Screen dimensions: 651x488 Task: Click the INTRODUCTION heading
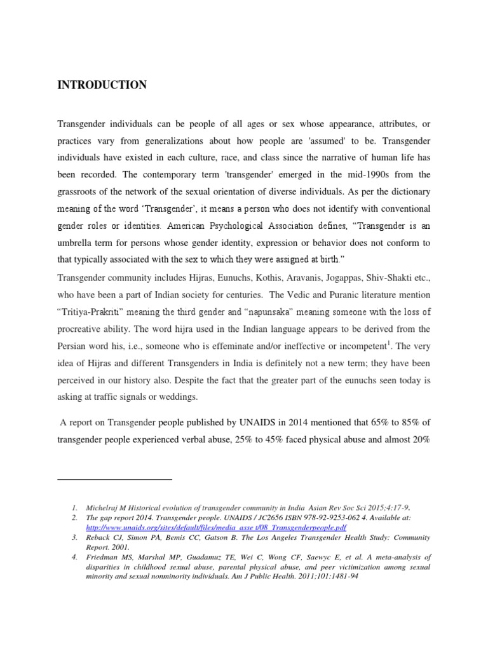[102, 85]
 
